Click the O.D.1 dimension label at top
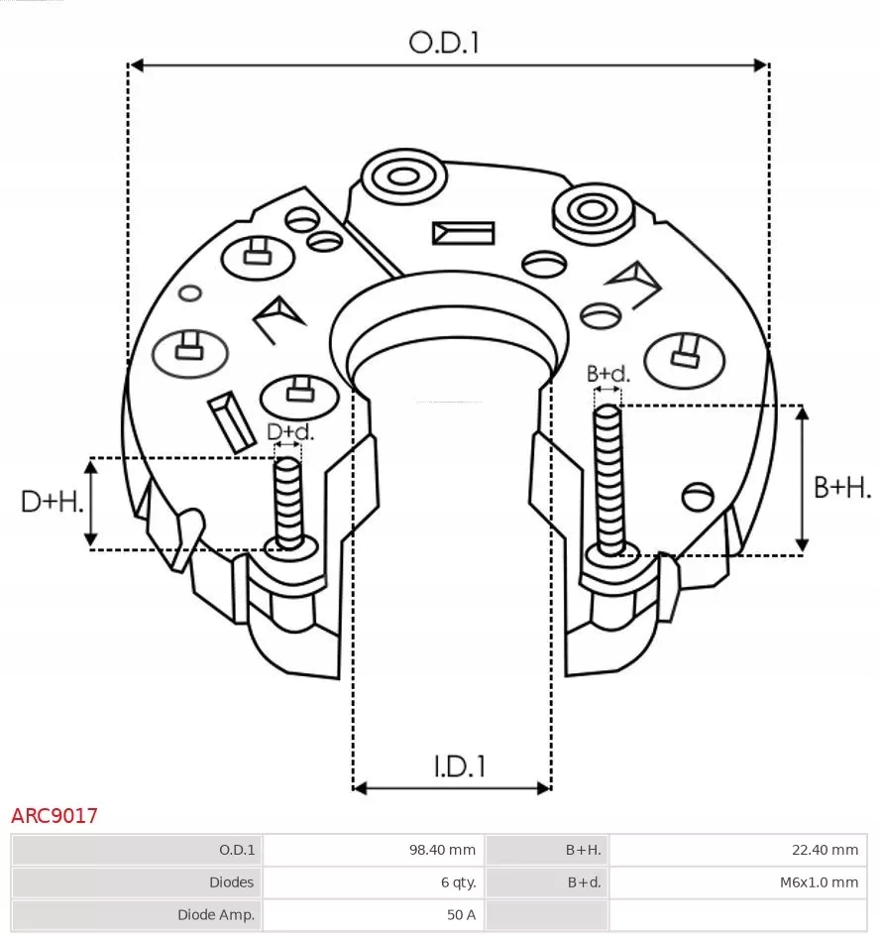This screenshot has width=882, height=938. pos(444,42)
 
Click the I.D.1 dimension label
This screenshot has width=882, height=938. pos(458,765)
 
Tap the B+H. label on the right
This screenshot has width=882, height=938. pos(842,486)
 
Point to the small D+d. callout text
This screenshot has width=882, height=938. pos(290,432)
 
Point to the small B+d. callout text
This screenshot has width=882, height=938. pos(607,374)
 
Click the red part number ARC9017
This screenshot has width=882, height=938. pos(55,816)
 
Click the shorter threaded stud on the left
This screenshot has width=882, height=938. pos(288,501)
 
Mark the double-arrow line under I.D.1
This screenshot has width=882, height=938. pos(452,788)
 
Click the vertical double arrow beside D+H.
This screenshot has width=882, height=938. pos(91,503)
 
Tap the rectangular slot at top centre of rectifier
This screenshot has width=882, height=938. pos(463,233)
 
